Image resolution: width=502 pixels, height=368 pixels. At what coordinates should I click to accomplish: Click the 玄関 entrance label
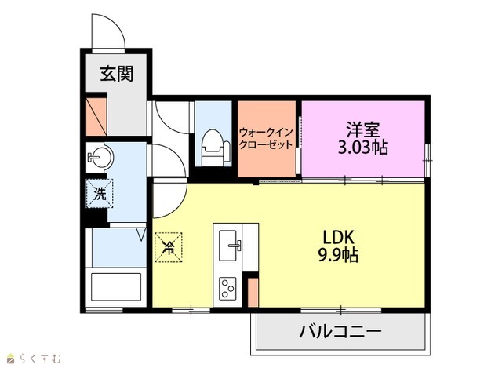click(117, 74)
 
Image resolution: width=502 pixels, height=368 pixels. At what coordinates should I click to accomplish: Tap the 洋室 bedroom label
click(362, 129)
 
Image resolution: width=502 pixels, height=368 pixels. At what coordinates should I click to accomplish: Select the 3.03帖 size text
click(363, 148)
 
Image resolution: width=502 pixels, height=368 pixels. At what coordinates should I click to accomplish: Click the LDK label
click(338, 238)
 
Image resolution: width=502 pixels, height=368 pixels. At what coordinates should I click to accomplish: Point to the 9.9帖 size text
click(338, 255)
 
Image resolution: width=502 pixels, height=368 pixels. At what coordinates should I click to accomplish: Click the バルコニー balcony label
click(340, 331)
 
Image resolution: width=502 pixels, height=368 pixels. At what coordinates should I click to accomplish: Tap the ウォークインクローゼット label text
click(266, 138)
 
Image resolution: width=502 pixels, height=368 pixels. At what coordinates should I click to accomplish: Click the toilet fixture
click(215, 148)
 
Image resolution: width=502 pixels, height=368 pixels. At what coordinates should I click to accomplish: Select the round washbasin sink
click(100, 157)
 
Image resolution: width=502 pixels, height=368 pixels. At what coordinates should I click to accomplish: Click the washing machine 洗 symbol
click(100, 194)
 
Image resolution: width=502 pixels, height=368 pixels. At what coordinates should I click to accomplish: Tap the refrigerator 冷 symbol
click(169, 247)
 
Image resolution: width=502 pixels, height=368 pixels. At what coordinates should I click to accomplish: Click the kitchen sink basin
click(228, 246)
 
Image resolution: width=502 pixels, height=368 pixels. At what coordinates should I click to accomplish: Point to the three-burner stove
click(227, 289)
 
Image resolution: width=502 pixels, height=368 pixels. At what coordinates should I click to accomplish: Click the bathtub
click(116, 286)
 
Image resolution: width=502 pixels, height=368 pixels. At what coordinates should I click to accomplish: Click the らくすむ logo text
click(40, 359)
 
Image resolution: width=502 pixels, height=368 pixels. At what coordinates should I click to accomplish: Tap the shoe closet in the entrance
click(96, 117)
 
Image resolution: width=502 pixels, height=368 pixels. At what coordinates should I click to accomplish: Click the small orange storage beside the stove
click(253, 293)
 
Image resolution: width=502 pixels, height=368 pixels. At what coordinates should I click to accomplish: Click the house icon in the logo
click(11, 359)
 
